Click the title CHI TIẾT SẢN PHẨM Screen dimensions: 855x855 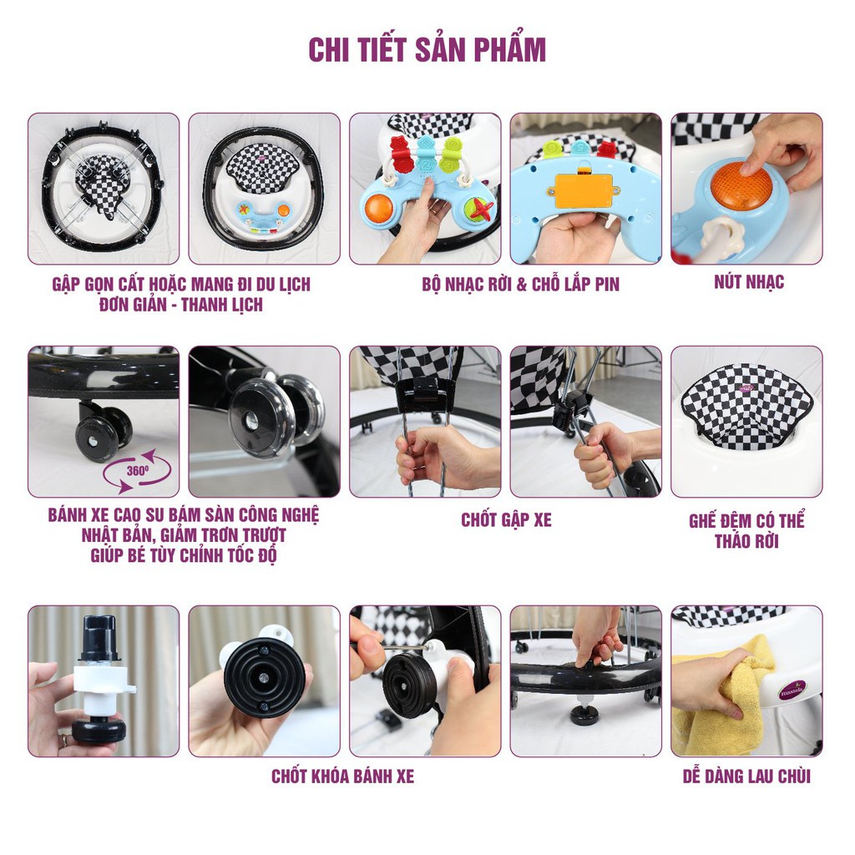pyautogui.click(x=427, y=50)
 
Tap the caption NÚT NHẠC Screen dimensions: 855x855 pyautogui.click(x=748, y=282)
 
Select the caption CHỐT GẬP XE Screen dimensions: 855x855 pyautogui.click(x=506, y=520)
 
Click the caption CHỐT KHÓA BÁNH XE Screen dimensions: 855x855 pyautogui.click(x=342, y=777)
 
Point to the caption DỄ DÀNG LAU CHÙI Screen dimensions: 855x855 pyautogui.click(x=746, y=777)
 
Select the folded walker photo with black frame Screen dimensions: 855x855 pyautogui.click(x=104, y=189)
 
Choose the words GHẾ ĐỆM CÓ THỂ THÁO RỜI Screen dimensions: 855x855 pyautogui.click(x=746, y=531)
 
